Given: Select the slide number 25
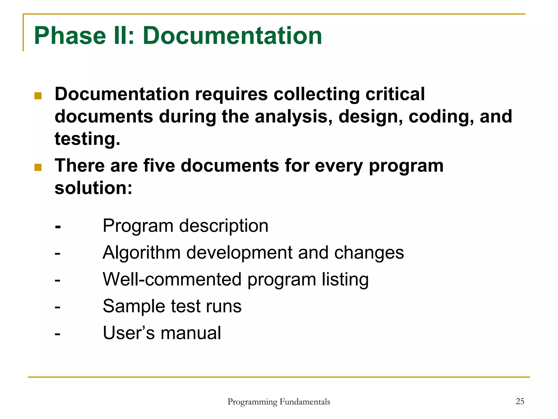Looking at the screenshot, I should (x=520, y=401).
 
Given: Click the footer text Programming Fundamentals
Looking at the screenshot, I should (x=279, y=402).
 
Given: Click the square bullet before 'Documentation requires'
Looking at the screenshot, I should (x=38, y=96).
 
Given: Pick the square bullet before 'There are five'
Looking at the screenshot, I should (x=38, y=167).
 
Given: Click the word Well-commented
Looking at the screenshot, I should (x=172, y=279).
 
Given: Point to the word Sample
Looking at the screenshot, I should (x=134, y=306).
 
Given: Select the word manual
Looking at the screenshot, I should (x=191, y=333).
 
